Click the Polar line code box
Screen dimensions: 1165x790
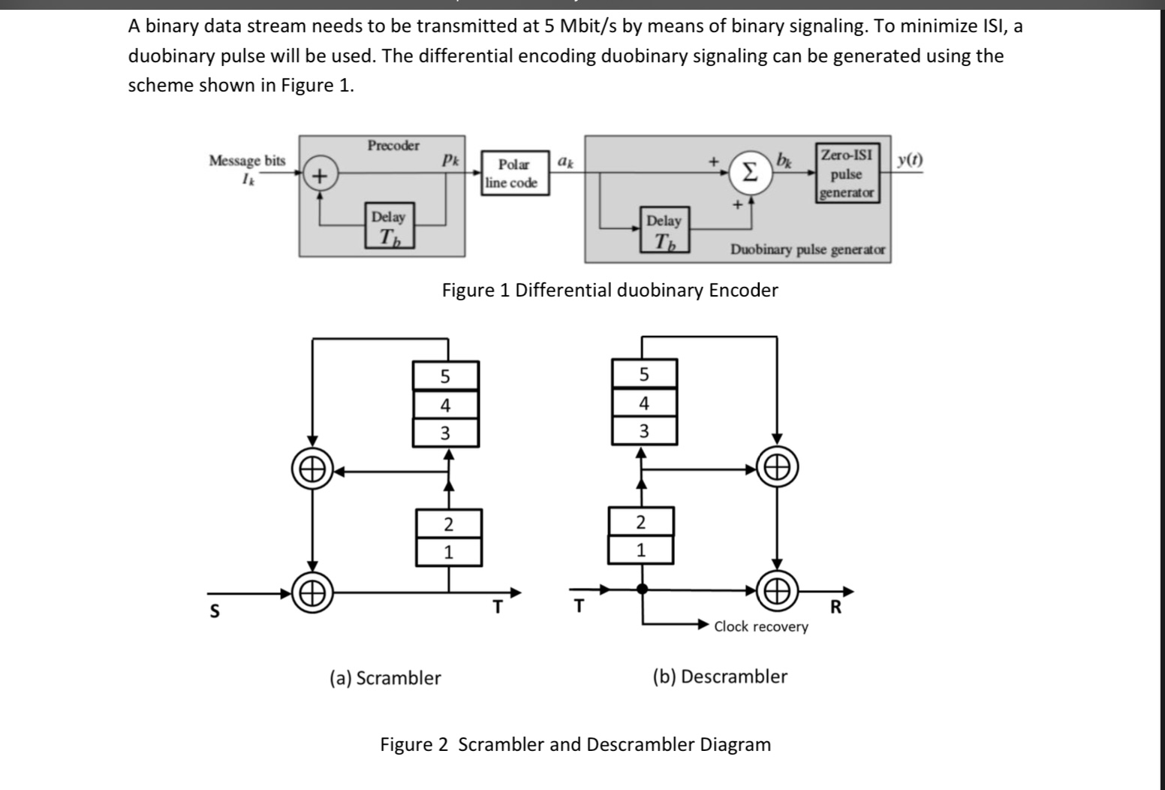click(515, 173)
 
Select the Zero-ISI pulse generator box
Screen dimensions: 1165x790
click(847, 173)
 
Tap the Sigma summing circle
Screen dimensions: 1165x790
click(750, 173)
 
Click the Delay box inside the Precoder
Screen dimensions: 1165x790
click(390, 225)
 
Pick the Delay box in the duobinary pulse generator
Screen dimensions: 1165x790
click(664, 230)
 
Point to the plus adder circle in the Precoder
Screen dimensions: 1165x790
click(321, 176)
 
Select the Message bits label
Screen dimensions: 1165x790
click(248, 160)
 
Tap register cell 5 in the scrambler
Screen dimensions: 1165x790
click(446, 375)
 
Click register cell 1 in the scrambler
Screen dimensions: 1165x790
click(449, 552)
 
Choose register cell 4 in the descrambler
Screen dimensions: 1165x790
click(644, 403)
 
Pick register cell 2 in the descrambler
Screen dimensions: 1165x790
click(641, 521)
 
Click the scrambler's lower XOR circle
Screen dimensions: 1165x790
click(312, 593)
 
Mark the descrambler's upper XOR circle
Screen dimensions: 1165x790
click(777, 467)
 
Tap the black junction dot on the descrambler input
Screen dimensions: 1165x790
click(643, 589)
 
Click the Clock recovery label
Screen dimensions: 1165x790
click(761, 626)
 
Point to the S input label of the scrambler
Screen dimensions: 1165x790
click(214, 611)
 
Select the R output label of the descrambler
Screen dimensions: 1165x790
click(835, 607)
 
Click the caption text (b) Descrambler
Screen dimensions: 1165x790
click(721, 677)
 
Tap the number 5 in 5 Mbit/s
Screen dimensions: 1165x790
click(549, 26)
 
